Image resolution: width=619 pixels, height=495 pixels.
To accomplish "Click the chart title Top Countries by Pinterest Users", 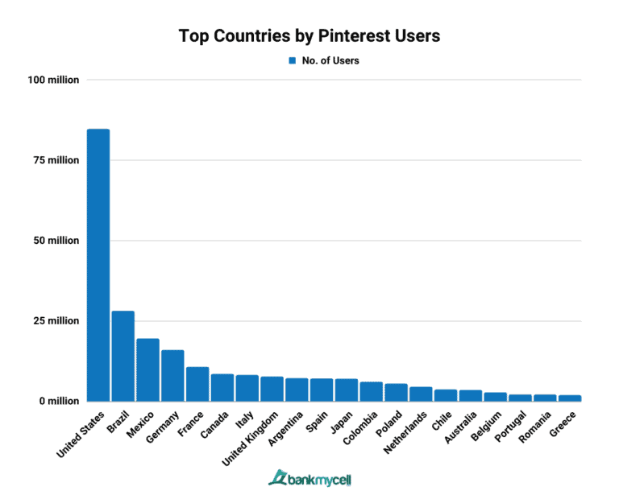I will [x=309, y=36].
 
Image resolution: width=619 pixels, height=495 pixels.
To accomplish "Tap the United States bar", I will [x=98, y=265].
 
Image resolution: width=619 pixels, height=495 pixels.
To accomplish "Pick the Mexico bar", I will [x=147, y=369].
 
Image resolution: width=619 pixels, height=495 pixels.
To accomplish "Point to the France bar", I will [x=197, y=384].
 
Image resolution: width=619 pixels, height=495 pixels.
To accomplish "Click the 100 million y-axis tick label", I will [x=52, y=80].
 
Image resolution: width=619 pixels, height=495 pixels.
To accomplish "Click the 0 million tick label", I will [x=57, y=401].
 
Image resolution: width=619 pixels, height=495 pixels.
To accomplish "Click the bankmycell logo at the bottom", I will [x=309, y=477].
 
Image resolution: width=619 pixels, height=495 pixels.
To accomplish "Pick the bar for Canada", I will [x=222, y=387].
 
